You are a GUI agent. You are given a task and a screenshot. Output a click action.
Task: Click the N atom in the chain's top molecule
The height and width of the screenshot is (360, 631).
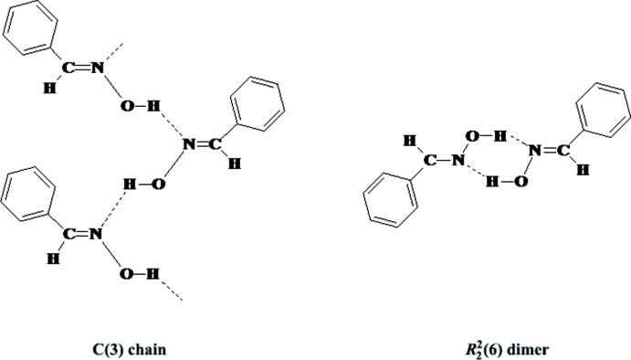(x=96, y=69)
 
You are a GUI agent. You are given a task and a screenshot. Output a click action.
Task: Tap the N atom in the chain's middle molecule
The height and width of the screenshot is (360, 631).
(x=188, y=143)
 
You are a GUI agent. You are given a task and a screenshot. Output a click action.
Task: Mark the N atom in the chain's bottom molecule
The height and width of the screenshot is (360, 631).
(x=96, y=235)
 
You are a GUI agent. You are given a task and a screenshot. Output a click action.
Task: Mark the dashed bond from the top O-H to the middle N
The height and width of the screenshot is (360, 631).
(x=169, y=122)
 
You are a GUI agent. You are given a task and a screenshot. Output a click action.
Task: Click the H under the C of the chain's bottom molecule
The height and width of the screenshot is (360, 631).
(x=56, y=257)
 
